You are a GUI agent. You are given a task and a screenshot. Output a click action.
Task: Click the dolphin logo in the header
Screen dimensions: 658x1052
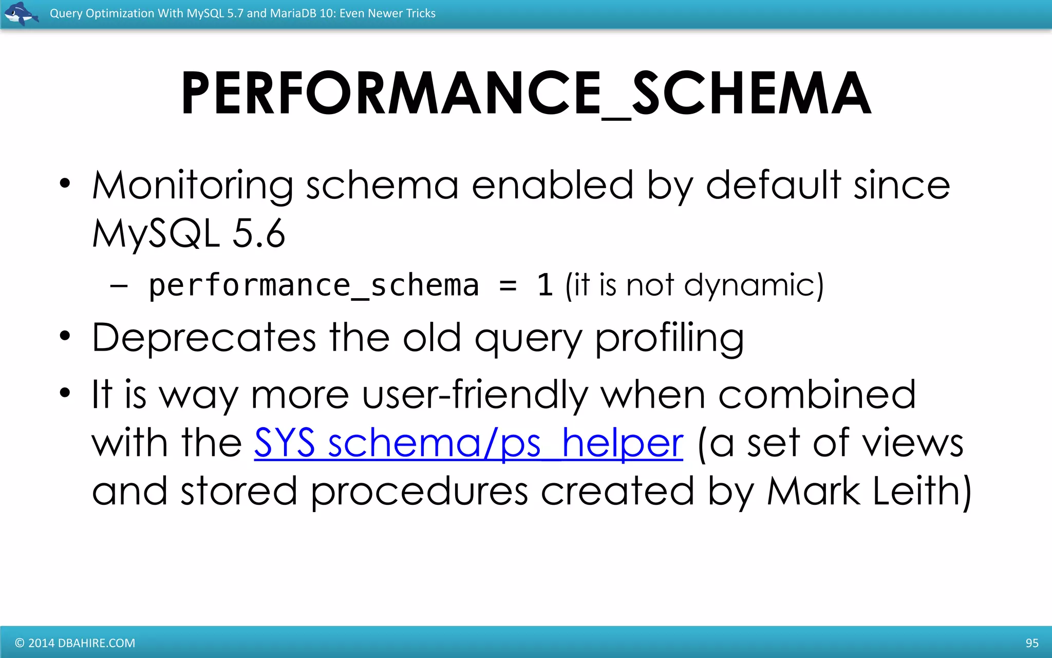(21, 13)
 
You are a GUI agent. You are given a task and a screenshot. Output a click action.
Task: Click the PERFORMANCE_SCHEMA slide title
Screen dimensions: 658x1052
(525, 94)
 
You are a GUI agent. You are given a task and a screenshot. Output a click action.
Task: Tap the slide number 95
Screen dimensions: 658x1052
(1032, 643)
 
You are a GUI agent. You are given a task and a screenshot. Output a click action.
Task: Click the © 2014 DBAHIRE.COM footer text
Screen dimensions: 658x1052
(75, 643)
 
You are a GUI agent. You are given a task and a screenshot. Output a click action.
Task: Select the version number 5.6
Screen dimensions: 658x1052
(258, 234)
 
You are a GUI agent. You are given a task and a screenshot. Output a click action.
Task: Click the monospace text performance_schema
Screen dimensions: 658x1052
(313, 285)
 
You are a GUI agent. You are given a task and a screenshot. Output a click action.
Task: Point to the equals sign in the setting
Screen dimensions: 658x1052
(508, 286)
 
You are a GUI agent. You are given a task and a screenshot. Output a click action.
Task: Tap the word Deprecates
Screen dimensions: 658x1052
(204, 338)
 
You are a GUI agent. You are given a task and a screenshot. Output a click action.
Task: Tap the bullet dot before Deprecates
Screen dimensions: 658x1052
(64, 336)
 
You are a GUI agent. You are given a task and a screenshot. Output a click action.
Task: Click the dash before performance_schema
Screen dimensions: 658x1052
(119, 286)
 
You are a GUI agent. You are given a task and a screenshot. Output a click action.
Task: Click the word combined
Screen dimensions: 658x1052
(817, 395)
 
